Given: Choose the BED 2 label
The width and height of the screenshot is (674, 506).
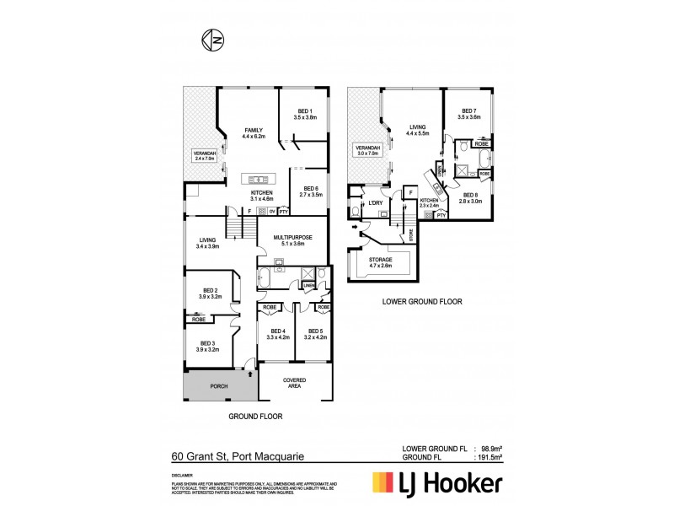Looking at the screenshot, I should click(x=210, y=292).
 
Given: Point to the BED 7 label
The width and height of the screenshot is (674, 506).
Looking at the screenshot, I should click(x=468, y=114).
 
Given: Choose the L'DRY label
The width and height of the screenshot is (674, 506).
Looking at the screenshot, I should click(x=376, y=204).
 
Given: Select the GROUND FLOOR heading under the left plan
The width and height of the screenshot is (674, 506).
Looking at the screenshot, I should click(x=255, y=417).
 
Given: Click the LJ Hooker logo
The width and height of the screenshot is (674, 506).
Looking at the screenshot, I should click(x=437, y=484).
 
